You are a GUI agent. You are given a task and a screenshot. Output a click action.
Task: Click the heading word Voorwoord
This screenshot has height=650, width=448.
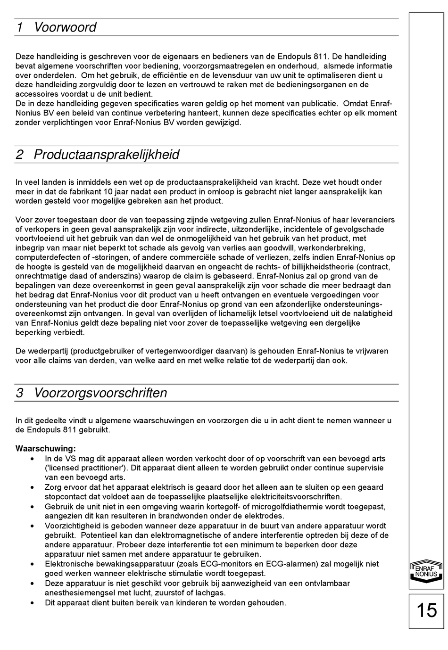[65, 27]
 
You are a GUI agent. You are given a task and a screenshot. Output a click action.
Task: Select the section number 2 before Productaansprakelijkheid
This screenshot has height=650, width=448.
[20, 155]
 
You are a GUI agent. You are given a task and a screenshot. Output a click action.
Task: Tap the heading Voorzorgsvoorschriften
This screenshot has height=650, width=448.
[100, 393]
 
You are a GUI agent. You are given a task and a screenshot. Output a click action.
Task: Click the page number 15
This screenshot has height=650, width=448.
[427, 610]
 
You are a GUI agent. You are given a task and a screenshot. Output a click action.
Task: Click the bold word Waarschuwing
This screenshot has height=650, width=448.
[45, 449]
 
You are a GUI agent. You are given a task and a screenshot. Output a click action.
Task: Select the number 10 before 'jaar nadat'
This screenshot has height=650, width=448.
[121, 192]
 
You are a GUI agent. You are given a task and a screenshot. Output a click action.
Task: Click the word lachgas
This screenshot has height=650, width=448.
[212, 593]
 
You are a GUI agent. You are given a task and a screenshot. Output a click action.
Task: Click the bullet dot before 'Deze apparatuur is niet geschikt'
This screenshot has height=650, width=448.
[32, 583]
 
